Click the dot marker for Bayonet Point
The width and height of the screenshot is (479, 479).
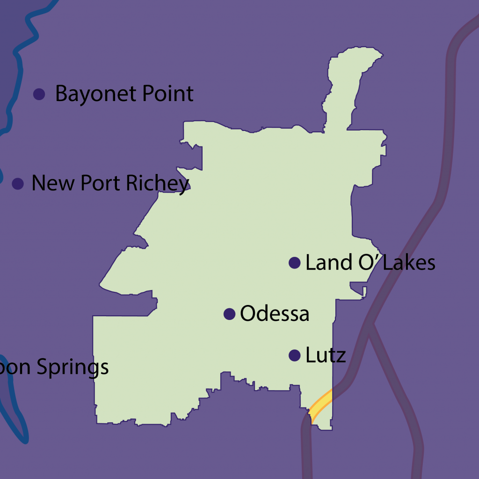39,94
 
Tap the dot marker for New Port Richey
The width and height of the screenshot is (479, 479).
18,184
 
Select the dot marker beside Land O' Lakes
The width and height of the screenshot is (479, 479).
294,263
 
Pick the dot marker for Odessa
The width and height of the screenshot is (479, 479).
229,314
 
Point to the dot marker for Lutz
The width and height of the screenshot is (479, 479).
294,356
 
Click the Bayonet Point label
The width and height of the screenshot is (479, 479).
124,94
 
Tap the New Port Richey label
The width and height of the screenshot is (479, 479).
110,183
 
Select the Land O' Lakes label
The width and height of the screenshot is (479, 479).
370,263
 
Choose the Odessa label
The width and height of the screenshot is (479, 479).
275,314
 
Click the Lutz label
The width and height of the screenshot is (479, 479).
326,356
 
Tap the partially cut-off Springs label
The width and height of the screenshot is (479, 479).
54,368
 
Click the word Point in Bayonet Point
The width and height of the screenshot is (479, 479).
168,94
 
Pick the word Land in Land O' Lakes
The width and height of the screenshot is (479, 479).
328,263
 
